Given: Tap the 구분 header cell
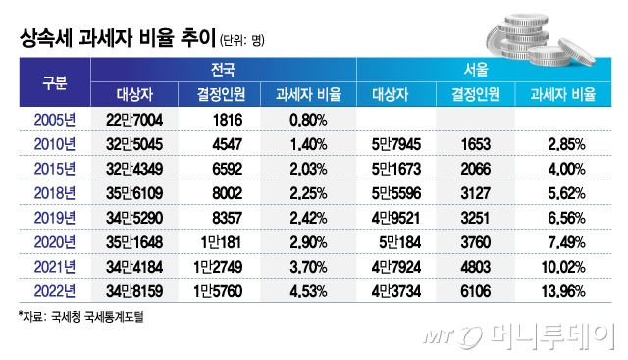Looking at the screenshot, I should (x=54, y=81).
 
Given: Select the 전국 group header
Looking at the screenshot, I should (x=223, y=71).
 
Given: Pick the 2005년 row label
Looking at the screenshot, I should (x=54, y=119).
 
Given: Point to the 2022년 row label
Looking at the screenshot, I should (x=54, y=289).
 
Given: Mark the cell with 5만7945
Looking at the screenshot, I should (x=397, y=143).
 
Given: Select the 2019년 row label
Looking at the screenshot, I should (x=54, y=216).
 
